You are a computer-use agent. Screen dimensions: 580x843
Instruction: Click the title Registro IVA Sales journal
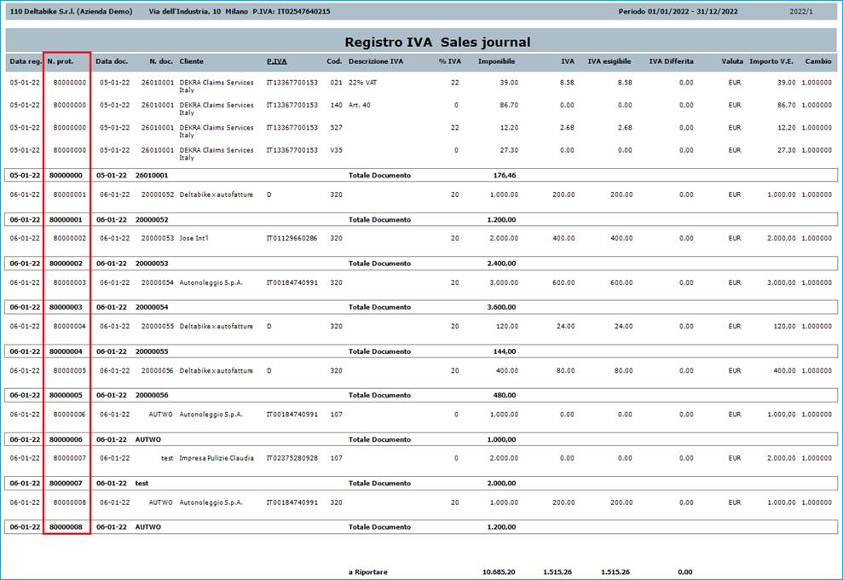tap(437, 42)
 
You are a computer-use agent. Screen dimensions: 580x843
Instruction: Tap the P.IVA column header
tap(276, 61)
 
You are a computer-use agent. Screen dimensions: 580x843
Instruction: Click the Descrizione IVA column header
tap(376, 61)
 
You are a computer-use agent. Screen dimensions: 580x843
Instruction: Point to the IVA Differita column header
tap(671, 61)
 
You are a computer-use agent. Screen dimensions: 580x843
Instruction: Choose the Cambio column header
tap(818, 61)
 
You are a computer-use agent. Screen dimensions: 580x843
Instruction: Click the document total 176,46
tap(505, 175)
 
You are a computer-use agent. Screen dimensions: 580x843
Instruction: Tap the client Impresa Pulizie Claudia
tap(217, 458)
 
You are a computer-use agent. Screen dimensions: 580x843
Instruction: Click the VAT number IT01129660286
tap(292, 238)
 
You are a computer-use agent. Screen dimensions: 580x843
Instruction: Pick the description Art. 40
tap(360, 105)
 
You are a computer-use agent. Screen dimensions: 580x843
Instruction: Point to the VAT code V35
tap(336, 150)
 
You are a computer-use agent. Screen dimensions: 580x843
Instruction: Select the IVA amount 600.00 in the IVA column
tap(562, 282)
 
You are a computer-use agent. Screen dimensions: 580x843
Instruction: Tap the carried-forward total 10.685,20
tap(499, 571)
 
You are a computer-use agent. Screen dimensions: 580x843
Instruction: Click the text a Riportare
tap(368, 571)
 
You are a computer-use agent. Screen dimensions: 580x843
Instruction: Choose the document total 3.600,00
tap(501, 307)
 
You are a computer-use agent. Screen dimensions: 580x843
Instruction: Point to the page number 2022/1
tap(801, 12)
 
